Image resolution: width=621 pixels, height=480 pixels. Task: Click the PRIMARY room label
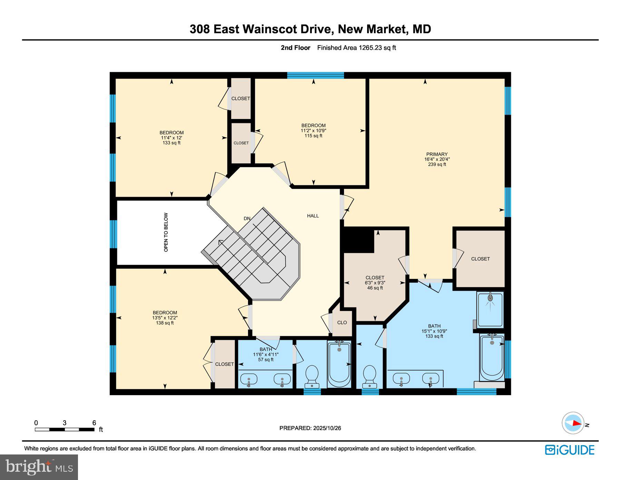[437, 154]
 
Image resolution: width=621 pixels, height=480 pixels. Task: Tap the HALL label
[313, 216]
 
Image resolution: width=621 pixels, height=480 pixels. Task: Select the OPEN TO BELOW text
[166, 232]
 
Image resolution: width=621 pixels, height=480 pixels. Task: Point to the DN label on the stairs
[247, 218]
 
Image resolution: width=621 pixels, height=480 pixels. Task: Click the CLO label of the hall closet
[342, 322]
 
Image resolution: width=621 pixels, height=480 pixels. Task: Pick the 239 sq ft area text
[437, 165]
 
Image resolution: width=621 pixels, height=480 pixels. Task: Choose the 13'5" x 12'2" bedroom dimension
[165, 318]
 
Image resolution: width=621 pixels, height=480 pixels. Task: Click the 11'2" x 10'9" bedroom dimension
[313, 131]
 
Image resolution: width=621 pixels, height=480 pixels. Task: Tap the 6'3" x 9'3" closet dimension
[375, 283]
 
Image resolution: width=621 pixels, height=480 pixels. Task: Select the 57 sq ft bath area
[266, 360]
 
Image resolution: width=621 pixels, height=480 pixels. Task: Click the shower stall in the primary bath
[490, 309]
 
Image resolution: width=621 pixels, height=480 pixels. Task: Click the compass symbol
[573, 423]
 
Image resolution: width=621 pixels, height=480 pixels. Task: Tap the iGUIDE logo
[570, 450]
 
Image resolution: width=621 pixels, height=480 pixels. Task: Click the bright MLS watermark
[39, 467]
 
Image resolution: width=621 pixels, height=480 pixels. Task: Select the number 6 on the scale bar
[94, 423]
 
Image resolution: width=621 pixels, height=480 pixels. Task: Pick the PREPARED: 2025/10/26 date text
[310, 428]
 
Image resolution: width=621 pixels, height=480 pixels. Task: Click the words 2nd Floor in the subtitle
[295, 48]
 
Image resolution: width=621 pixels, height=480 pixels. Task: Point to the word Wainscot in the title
[270, 29]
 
